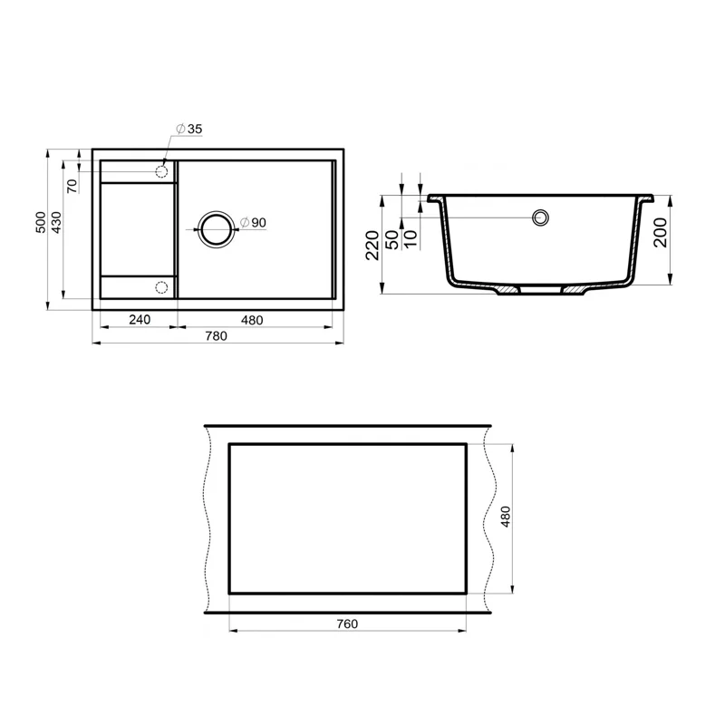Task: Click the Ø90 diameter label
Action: [x=254, y=222]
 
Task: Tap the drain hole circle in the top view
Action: [x=216, y=228]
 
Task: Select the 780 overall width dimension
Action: [x=216, y=336]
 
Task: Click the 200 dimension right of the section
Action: [x=659, y=233]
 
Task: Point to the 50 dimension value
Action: [x=391, y=241]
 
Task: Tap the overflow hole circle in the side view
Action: [x=541, y=217]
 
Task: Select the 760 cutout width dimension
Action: [x=347, y=623]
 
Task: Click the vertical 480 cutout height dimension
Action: [x=507, y=517]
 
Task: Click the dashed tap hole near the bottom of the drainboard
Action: [x=162, y=288]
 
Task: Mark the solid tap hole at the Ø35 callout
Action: [x=162, y=170]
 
